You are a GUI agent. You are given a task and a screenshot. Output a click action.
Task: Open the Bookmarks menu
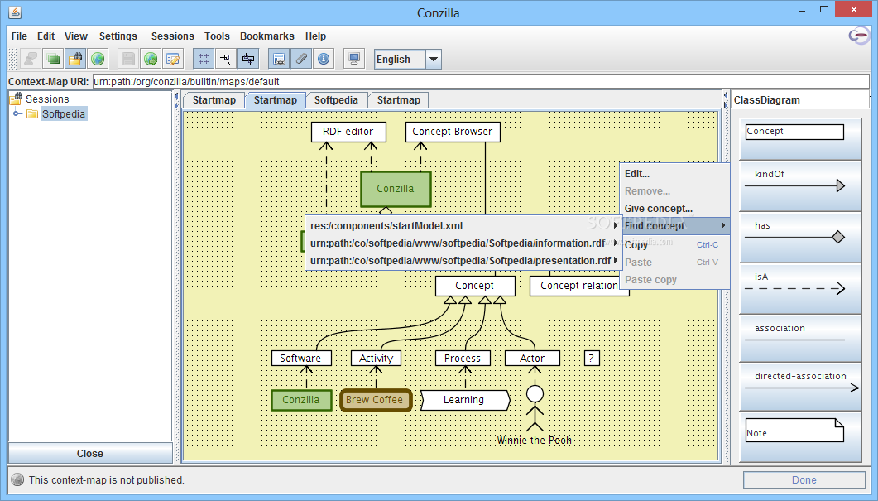pos(266,36)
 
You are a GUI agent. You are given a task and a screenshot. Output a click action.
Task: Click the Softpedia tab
pos(336,99)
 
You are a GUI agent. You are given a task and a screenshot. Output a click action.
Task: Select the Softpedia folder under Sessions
pos(63,113)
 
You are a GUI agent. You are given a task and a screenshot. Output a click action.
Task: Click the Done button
pos(804,479)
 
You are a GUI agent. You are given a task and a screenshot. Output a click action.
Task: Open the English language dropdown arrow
pos(434,59)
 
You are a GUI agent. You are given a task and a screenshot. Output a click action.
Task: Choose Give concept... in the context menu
pos(659,209)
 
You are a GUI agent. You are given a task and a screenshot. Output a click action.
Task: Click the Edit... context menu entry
pos(636,174)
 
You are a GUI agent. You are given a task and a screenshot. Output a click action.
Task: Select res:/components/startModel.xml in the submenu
pos(386,226)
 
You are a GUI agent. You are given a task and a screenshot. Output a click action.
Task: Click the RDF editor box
pos(348,132)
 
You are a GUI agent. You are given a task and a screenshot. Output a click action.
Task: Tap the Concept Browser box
pos(453,132)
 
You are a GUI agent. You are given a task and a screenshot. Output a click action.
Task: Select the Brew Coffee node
pos(375,400)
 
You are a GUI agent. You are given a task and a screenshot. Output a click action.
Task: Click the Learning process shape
pos(465,400)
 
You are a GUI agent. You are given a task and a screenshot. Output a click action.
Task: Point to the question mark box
pos(592,358)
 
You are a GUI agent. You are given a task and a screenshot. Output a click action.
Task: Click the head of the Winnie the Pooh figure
pos(535,394)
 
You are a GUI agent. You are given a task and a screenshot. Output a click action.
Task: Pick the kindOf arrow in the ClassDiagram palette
pos(794,185)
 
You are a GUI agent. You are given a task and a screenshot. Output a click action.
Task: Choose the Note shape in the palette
pos(794,430)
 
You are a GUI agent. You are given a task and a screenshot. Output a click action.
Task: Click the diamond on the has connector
pos(838,237)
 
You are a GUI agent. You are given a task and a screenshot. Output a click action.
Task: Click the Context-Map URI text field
pos(481,81)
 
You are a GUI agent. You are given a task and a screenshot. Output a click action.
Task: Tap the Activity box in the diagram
pos(377,358)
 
